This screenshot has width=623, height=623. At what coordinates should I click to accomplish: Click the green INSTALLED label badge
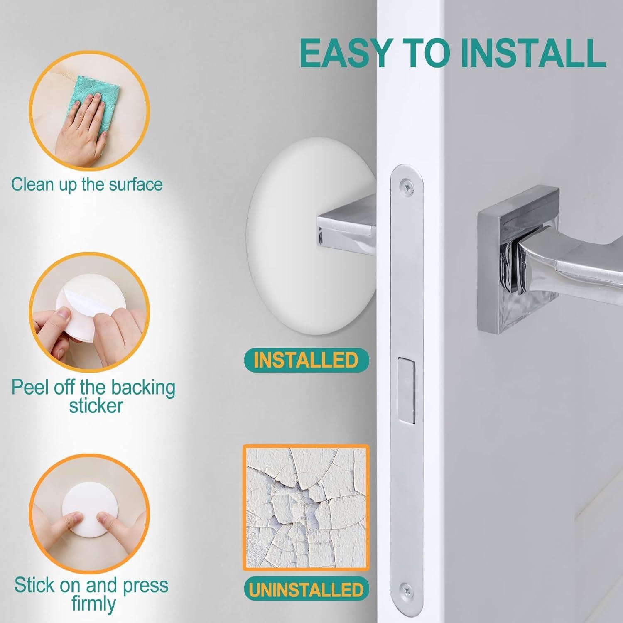click(x=306, y=360)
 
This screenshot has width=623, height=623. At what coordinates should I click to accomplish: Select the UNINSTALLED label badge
click(x=306, y=590)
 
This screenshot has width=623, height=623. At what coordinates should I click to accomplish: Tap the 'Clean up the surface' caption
click(x=87, y=184)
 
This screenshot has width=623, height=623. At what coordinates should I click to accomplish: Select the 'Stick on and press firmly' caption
click(x=91, y=594)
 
